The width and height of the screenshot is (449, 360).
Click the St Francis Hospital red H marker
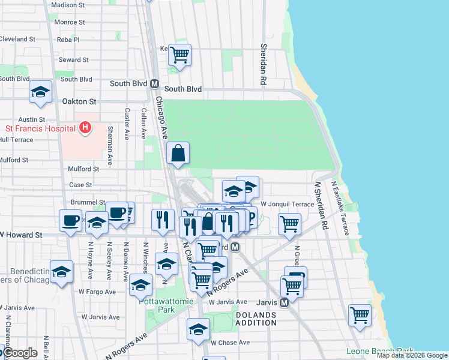click(x=85, y=128)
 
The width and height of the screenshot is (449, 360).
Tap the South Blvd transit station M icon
click(x=154, y=84)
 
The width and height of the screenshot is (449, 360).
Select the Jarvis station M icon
click(x=285, y=302)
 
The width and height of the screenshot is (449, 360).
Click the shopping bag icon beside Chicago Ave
click(x=179, y=154)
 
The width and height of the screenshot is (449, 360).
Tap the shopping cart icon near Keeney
click(x=179, y=55)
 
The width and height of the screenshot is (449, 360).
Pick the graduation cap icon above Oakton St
click(x=40, y=92)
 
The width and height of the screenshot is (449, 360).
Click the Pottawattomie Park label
click(x=157, y=305)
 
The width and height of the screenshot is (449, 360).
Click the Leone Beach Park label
click(x=379, y=351)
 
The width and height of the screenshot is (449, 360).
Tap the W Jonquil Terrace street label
click(x=287, y=205)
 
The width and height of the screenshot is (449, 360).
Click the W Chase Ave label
click(x=229, y=343)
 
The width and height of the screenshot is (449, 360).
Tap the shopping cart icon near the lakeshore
click(x=359, y=315)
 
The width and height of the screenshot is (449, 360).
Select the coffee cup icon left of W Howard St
click(x=70, y=220)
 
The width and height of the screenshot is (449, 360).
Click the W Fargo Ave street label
click(x=96, y=292)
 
